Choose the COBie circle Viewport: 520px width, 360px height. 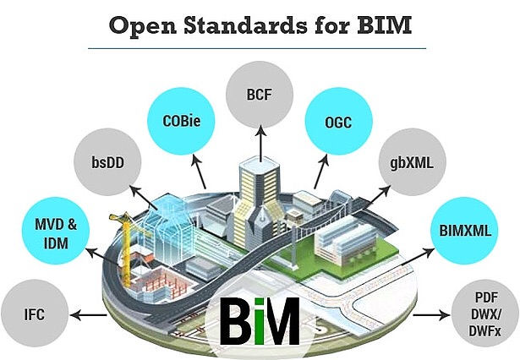click(x=181, y=122)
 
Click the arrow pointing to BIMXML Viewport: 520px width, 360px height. click(x=413, y=244)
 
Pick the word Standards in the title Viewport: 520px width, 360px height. click(x=254, y=25)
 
